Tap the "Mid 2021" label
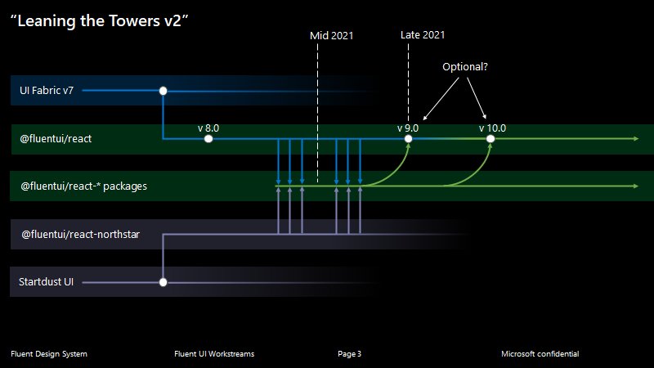tap(333, 36)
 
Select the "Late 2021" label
tap(423, 35)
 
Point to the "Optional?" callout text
tap(465, 67)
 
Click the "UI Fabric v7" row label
tap(47, 91)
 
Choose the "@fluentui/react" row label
tap(56, 139)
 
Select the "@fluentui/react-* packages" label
tap(83, 186)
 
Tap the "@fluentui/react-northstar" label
tap(80, 235)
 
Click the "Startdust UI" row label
tap(47, 282)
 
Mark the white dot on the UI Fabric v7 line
tap(163, 91)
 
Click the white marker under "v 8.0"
tap(208, 139)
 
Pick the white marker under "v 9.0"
tap(409, 139)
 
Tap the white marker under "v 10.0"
tap(490, 139)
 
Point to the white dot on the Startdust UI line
tap(163, 282)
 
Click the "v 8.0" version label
tap(208, 128)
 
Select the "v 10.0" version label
tap(493, 128)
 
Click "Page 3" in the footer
tap(349, 354)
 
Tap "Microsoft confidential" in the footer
tap(540, 354)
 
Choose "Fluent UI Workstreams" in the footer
tap(214, 354)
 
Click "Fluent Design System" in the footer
tap(49, 354)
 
